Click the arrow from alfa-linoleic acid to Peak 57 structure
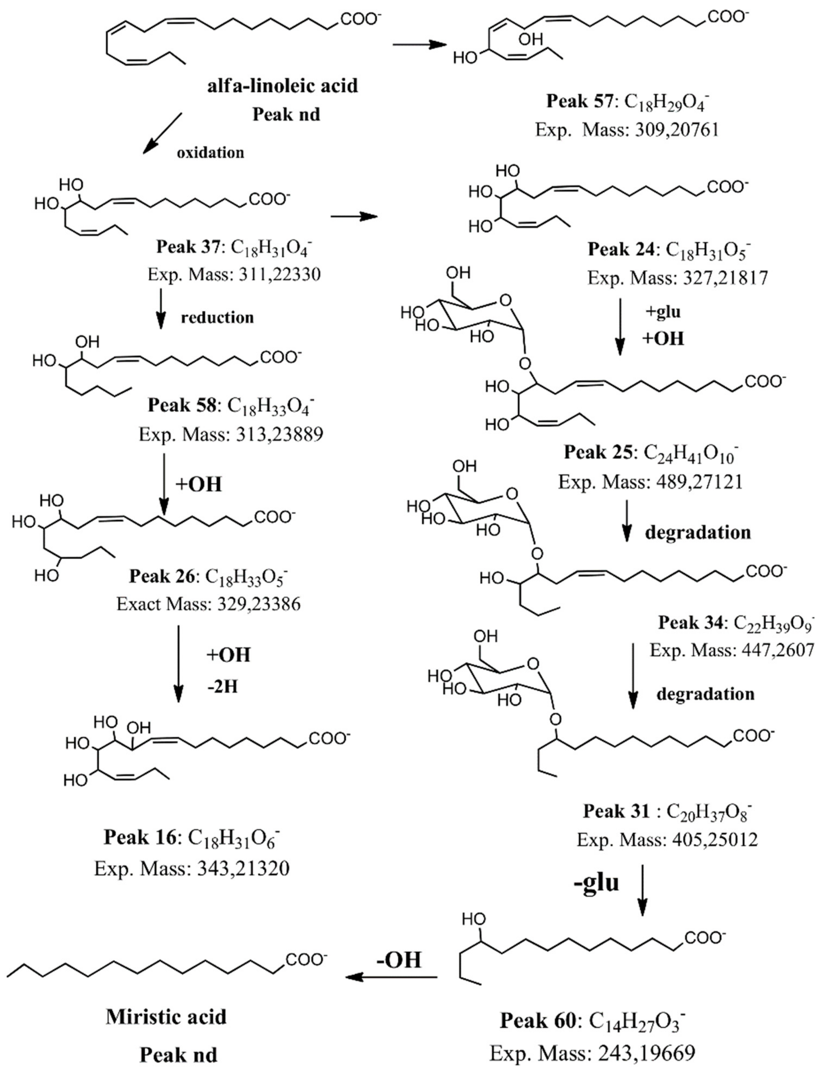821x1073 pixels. [420, 45]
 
